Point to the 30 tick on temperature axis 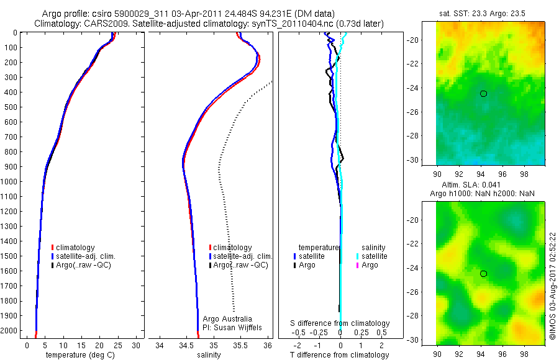[135, 344]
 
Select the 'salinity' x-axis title [209, 355]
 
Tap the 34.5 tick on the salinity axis [186, 344]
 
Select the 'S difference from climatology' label [340, 323]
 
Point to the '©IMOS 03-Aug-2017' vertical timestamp [552, 286]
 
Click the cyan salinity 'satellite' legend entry [372, 256]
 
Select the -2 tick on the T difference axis [297, 344]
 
